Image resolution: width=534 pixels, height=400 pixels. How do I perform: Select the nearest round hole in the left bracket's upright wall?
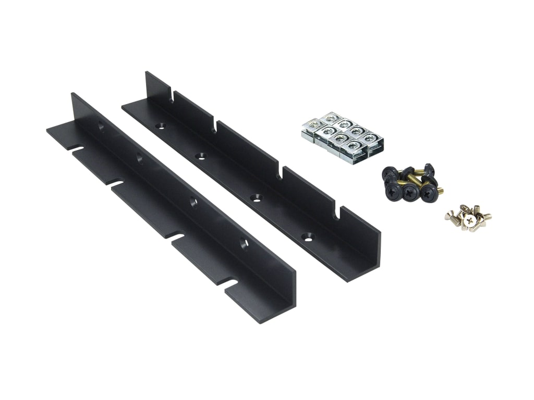tap(243, 243)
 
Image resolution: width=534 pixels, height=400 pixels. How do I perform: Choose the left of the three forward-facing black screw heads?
tap(392, 191)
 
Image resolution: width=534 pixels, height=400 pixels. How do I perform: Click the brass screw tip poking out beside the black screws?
tap(439, 191)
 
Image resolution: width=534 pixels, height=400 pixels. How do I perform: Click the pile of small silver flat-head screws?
tap(468, 218)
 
